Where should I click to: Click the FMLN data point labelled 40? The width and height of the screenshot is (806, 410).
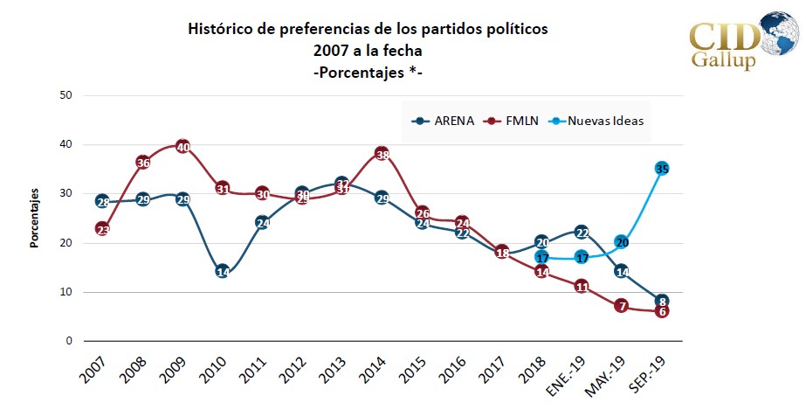183,146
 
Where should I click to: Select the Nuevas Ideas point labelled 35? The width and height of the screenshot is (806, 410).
662,169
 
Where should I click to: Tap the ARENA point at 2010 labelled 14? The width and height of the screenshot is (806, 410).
223,272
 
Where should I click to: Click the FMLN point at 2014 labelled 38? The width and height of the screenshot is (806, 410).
382,155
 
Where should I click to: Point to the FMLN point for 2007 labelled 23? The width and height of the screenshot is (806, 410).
103,229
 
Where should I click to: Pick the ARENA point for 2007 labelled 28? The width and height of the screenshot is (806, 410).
103,202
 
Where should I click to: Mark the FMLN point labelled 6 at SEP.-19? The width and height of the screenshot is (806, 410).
662,311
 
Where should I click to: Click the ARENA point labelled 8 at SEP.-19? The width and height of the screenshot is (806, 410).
662,301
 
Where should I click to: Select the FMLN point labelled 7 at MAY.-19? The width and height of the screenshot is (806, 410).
622,306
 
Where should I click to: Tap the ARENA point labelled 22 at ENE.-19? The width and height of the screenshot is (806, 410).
582,232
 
